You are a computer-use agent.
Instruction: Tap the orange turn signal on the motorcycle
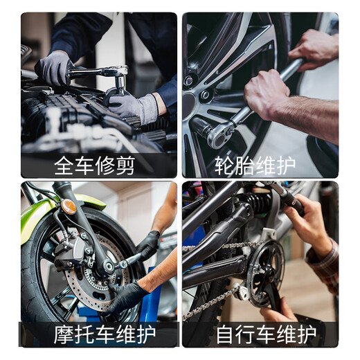pos(69,206)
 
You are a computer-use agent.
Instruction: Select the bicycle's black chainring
pos(265,274)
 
